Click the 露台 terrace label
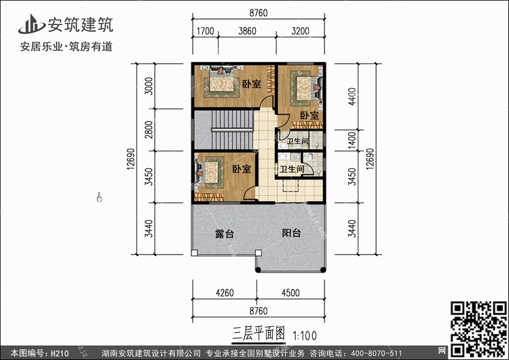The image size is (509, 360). pyautogui.click(x=225, y=234)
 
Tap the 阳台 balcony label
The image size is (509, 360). pyautogui.click(x=291, y=233)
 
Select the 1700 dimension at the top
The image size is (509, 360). pyautogui.click(x=205, y=31)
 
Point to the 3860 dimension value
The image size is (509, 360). pyautogui.click(x=247, y=31)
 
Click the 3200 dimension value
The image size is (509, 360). pyautogui.click(x=300, y=31)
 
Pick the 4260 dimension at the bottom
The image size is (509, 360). pyautogui.click(x=225, y=293)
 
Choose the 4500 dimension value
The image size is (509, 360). pyautogui.click(x=290, y=293)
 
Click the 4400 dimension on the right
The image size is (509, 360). pyautogui.click(x=352, y=96)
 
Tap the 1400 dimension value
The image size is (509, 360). pyautogui.click(x=352, y=141)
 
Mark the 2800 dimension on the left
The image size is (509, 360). pyautogui.click(x=149, y=130)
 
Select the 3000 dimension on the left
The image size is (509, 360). pyautogui.click(x=149, y=86)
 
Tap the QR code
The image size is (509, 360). pyautogui.click(x=478, y=329)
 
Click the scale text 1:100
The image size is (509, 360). pyautogui.click(x=305, y=336)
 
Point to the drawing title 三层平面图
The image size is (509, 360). pyautogui.click(x=259, y=334)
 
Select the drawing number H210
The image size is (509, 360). pyautogui.click(x=60, y=353)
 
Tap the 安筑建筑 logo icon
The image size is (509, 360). pyautogui.click(x=31, y=24)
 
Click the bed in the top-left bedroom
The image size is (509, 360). pyautogui.click(x=221, y=82)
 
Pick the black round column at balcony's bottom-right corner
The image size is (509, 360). pyautogui.click(x=323, y=270)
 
